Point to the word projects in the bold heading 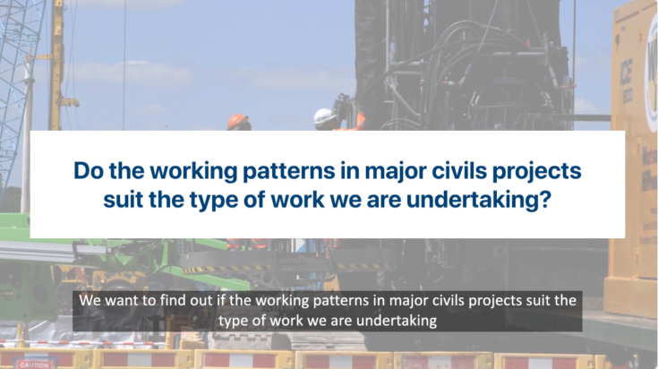point(528,170)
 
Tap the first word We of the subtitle point(90,299)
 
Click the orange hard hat point(238,121)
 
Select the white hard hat point(324,116)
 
